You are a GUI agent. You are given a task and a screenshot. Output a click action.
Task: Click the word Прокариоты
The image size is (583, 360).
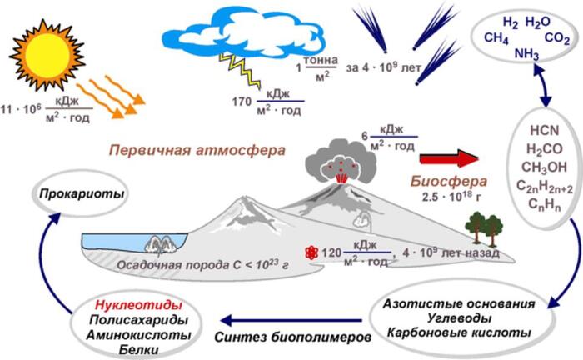click(80, 194)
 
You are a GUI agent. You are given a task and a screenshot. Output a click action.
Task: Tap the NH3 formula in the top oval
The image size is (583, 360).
click(527, 54)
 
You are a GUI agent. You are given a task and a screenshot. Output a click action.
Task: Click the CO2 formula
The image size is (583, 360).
click(557, 37)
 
